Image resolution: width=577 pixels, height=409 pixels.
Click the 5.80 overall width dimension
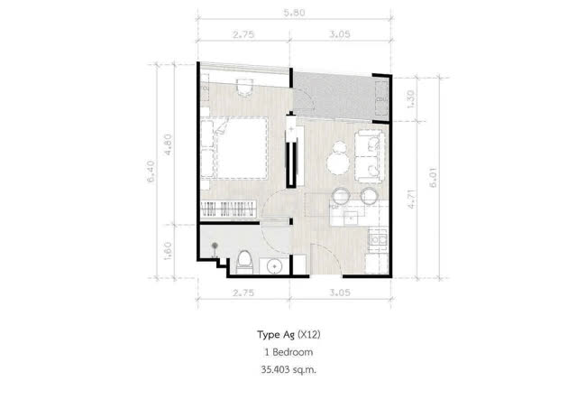point(294,13)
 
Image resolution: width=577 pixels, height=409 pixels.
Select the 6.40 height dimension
point(151,172)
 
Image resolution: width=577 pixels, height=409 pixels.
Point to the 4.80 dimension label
point(168,144)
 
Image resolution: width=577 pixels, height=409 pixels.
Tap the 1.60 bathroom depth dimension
point(168,251)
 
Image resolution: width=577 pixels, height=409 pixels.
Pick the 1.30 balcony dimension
point(410,99)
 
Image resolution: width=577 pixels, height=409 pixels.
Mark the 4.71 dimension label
point(412,200)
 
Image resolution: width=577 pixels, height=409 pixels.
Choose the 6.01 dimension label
point(434,178)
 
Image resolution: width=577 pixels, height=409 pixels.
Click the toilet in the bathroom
point(244,262)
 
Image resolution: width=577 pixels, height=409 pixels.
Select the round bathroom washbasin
point(274,266)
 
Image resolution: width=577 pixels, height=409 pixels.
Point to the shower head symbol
point(215,246)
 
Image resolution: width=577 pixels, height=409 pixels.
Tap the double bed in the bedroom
point(242,148)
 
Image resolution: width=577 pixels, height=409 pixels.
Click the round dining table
point(338,163)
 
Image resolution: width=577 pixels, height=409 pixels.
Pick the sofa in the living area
point(369,156)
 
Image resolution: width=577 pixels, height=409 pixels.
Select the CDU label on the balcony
point(380,99)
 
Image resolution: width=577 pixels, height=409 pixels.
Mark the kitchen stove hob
point(378,240)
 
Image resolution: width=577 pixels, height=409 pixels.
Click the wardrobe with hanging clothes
point(228,209)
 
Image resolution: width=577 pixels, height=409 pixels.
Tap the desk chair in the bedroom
point(244,87)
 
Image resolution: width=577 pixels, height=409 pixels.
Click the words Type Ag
point(276,335)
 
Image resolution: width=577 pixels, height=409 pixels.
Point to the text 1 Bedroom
point(288,352)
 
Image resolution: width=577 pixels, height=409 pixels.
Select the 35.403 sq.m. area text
point(288,369)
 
